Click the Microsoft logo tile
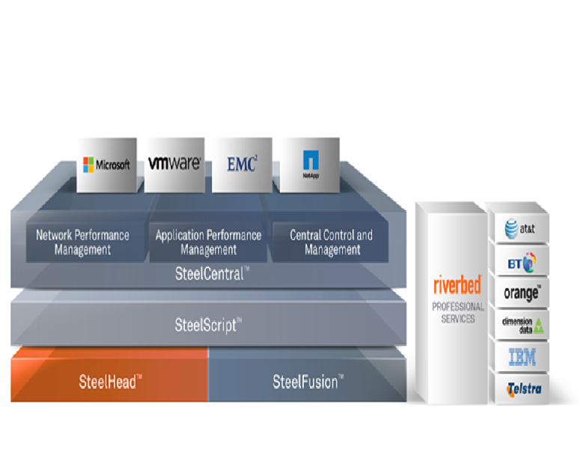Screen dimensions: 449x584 (x=107, y=165)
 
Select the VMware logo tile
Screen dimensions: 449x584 (x=174, y=164)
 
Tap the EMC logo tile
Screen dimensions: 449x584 (x=241, y=164)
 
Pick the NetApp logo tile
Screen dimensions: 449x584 (x=309, y=164)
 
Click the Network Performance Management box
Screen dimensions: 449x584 (x=82, y=242)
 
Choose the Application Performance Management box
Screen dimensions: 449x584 (x=208, y=242)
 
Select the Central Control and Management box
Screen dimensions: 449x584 (x=331, y=242)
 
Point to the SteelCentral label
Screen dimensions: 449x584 (x=208, y=274)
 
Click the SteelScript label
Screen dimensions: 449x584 (x=208, y=325)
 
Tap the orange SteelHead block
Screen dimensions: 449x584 (x=109, y=382)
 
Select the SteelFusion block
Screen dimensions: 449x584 (x=308, y=382)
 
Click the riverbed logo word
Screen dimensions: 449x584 (x=457, y=286)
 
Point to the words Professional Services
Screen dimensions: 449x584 (x=457, y=312)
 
